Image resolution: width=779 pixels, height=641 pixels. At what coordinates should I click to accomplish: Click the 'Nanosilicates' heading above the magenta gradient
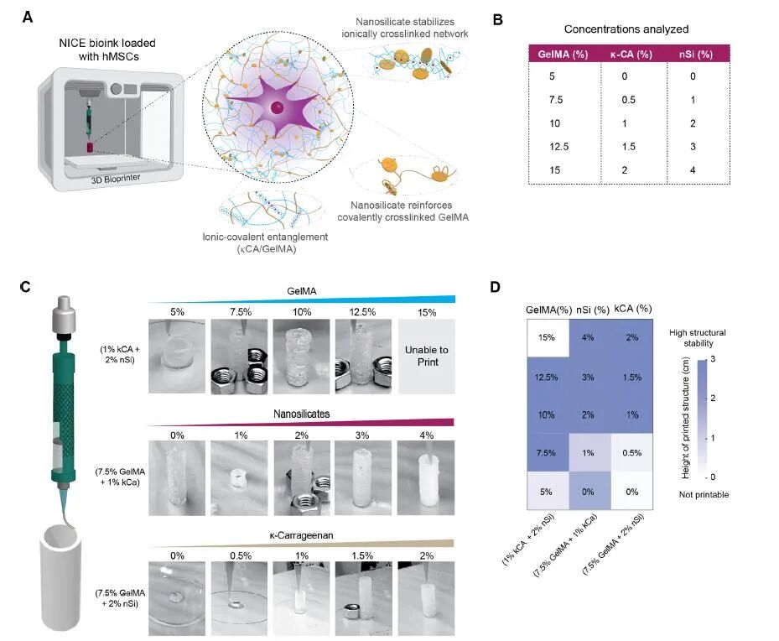(301, 414)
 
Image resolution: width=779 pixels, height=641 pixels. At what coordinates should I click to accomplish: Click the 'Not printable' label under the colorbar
(704, 494)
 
